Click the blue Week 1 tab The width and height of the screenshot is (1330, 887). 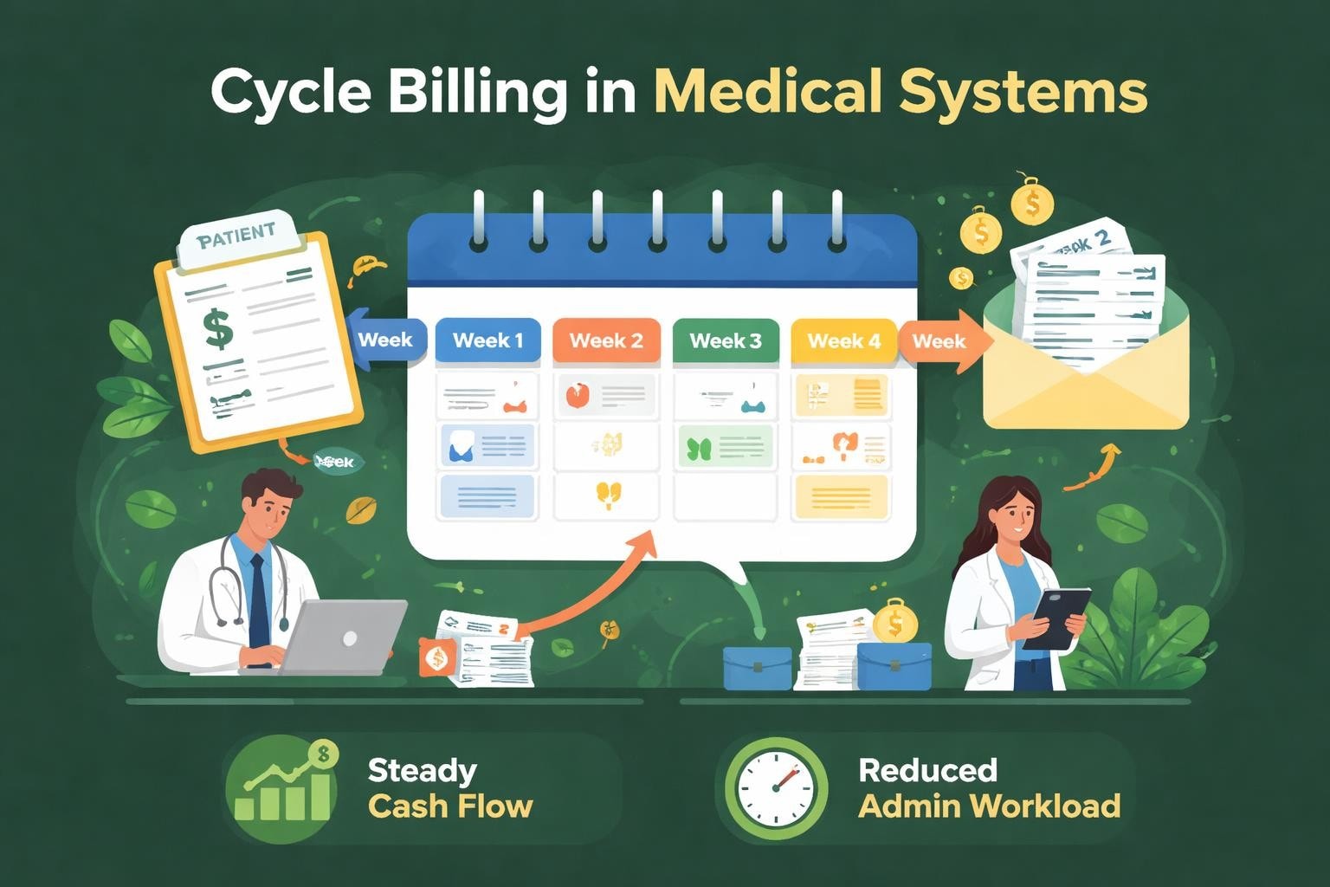(x=487, y=340)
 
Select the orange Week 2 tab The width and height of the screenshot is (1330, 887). (x=606, y=340)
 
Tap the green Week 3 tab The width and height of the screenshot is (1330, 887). (x=726, y=340)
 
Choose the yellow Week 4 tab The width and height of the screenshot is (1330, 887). (x=843, y=340)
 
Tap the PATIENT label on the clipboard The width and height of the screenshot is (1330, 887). (x=236, y=234)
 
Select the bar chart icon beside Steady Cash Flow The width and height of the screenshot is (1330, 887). (x=282, y=788)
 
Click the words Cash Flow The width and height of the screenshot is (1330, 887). (x=450, y=806)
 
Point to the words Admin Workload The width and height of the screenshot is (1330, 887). (x=989, y=806)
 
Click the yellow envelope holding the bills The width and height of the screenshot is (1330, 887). (x=1087, y=381)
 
